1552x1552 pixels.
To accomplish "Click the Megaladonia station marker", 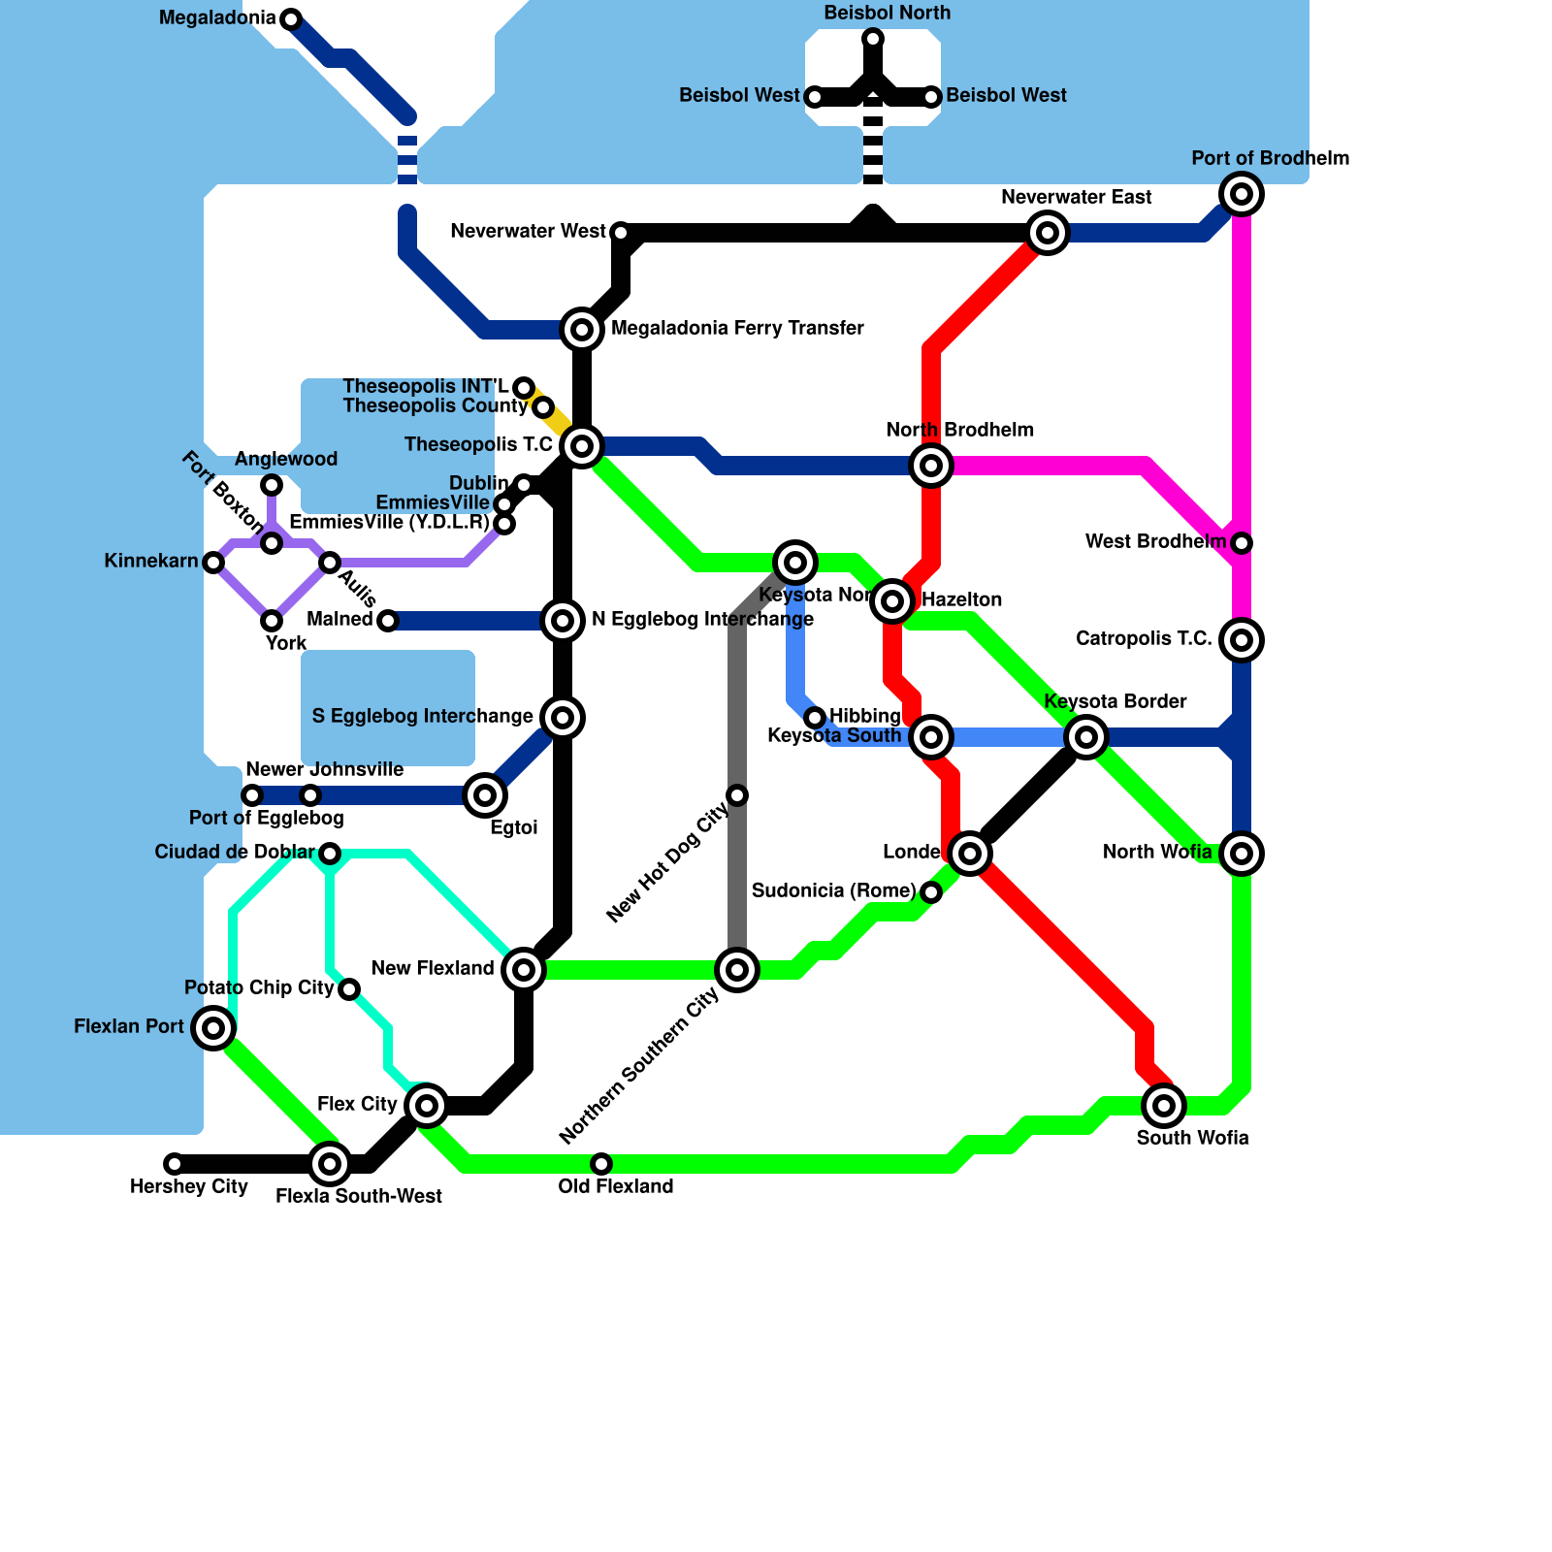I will point(291,18).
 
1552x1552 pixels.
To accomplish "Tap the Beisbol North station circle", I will point(873,39).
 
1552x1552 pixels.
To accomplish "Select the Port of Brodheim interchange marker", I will point(1242,194).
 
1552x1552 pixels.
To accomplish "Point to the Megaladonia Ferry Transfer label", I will point(737,329).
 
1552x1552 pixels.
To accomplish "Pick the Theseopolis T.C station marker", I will point(582,446).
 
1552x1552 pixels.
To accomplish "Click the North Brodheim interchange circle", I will point(931,466).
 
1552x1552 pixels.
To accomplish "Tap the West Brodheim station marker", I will point(1242,543).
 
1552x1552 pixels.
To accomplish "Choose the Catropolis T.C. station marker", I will point(1242,640).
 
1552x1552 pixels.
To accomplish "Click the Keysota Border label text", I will point(1115,701).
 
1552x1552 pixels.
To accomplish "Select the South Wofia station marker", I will point(1164,1106).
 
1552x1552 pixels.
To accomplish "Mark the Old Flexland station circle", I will point(601,1164).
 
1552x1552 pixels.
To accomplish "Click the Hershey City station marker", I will point(174,1164).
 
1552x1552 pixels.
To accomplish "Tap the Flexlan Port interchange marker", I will point(213,1027).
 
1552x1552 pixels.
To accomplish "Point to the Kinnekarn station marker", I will point(213,563).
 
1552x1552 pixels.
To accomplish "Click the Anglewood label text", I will point(286,459).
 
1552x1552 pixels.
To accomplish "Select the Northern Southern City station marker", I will point(737,970).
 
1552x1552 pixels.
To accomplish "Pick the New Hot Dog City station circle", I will point(737,795).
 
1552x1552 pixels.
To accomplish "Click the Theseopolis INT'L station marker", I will point(524,388).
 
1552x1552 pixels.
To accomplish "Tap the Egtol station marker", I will point(485,795).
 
